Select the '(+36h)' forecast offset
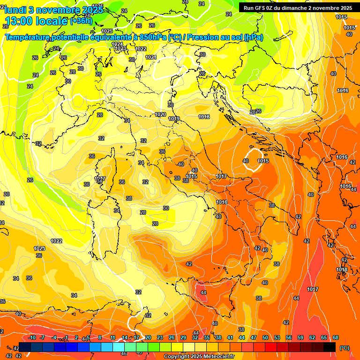click(x=81, y=21)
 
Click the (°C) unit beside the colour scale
click(x=344, y=348)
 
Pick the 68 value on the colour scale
click(x=336, y=337)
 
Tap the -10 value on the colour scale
click(x=32, y=337)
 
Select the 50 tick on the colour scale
click(x=265, y=337)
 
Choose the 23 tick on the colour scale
click(x=160, y=337)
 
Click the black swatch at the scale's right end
click(x=330, y=347)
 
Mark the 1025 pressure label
click(x=107, y=57)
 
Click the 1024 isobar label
click(x=117, y=44)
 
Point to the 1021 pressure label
click(x=150, y=57)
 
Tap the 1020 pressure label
click(x=160, y=114)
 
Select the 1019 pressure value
click(x=174, y=119)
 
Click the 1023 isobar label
click(x=120, y=48)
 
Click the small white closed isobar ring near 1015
click(x=255, y=159)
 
